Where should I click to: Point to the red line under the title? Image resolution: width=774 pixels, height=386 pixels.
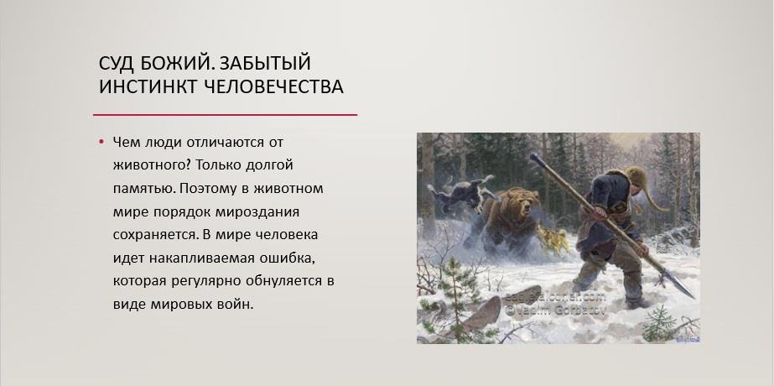(x=225, y=115)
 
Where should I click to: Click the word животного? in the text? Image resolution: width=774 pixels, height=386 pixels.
(x=152, y=165)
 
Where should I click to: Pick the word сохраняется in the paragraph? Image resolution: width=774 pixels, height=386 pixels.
(x=155, y=235)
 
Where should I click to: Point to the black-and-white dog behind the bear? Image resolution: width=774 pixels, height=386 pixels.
(x=460, y=192)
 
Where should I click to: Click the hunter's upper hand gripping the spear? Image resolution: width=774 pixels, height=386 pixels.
(x=599, y=212)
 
